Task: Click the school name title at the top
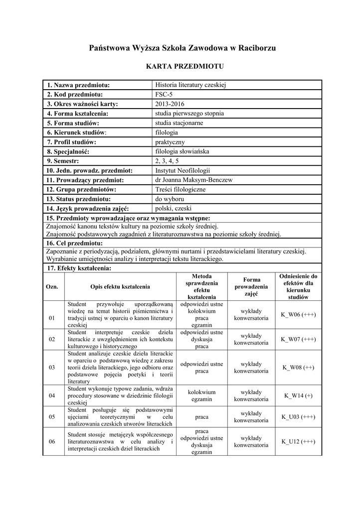181,48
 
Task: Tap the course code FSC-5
164,95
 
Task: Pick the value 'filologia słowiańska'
182,151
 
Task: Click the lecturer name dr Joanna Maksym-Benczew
194,180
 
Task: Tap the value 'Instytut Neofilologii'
182,170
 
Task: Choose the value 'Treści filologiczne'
180,189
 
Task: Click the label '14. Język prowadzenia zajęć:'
88,209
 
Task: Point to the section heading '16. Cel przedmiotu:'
75,243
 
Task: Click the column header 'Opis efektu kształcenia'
120,286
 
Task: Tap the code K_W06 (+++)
298,314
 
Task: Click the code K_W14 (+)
298,395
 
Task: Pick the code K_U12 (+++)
298,441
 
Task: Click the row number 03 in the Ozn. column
52,368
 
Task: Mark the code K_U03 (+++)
298,417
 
